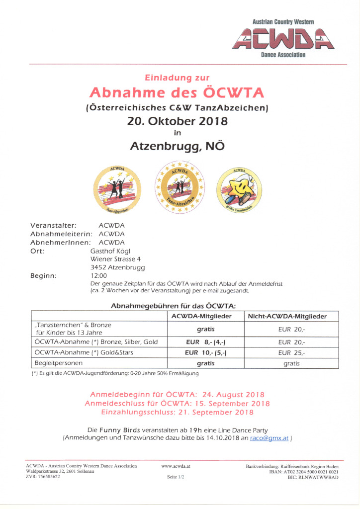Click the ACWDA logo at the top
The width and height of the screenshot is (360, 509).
283,39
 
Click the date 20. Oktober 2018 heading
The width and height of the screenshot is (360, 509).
178,121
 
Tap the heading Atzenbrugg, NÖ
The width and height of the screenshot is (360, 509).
178,146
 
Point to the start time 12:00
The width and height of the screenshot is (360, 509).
98,275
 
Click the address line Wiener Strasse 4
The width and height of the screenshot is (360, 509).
115,259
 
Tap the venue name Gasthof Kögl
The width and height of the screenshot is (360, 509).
110,251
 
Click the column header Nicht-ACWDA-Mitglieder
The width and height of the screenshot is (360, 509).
291,316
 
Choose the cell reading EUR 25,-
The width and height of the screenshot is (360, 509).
291,352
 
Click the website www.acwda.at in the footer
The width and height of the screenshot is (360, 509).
176,466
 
